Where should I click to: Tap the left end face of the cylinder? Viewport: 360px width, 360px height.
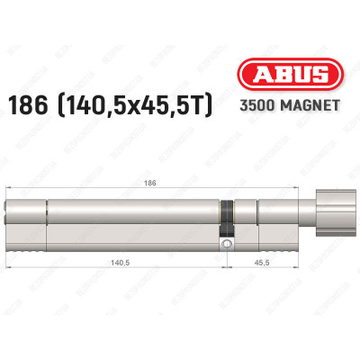click(10, 220)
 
